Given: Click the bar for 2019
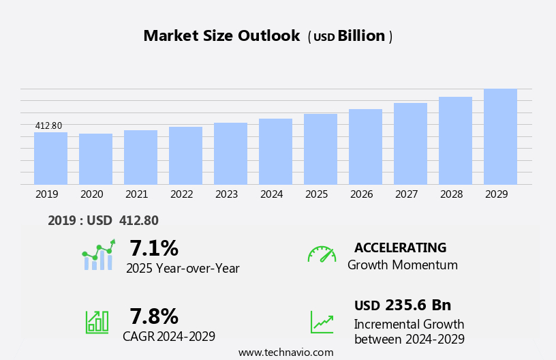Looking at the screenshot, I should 50,158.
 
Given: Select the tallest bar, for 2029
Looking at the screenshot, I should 500,136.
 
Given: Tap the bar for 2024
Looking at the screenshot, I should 275,151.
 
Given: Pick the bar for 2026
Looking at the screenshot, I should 365,147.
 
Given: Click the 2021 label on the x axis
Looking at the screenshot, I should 136,194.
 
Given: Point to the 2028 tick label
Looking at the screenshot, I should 451,194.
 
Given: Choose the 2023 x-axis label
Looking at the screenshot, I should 226,194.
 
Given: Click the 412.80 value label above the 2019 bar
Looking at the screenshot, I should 48,125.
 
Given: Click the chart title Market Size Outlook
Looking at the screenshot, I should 221,36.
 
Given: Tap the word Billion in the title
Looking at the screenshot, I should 361,36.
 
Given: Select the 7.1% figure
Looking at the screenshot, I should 154,247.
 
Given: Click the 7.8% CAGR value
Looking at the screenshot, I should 154,316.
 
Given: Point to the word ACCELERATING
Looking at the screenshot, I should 400,247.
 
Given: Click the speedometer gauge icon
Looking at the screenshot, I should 322,254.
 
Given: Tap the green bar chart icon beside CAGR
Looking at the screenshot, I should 97,321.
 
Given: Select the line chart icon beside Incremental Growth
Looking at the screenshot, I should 322,322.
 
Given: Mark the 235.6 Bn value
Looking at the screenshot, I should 418,305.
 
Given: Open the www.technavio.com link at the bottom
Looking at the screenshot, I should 285,352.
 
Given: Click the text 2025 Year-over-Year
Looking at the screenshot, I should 183,269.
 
